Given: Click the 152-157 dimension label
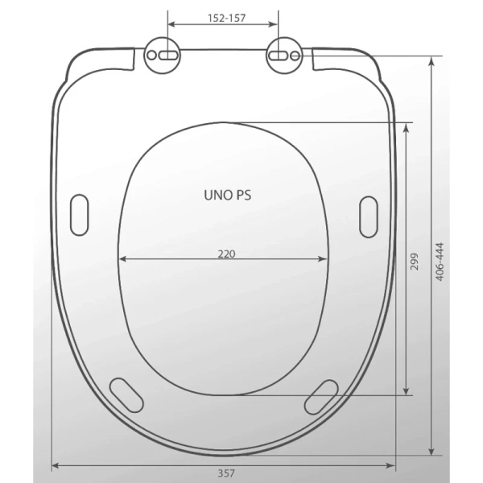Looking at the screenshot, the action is pyautogui.click(x=227, y=19).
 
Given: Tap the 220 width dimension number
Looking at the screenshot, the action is pyautogui.click(x=226, y=254).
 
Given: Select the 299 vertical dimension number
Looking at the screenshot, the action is pyautogui.click(x=415, y=262).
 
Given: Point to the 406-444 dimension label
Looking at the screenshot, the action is pyautogui.click(x=440, y=262).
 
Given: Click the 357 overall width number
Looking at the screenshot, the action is pyautogui.click(x=226, y=473).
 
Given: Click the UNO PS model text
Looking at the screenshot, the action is pyautogui.click(x=228, y=196).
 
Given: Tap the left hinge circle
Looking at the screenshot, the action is pyautogui.click(x=163, y=56).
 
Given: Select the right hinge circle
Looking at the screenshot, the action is pyautogui.click(x=284, y=56).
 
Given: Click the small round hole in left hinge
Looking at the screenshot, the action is pyautogui.click(x=151, y=56).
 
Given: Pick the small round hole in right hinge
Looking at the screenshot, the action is pyautogui.click(x=295, y=56).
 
